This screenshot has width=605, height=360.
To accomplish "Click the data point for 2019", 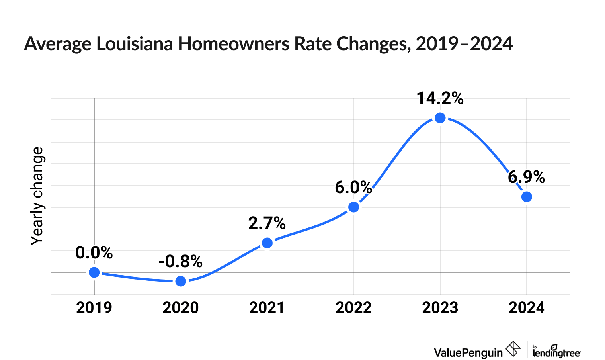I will tap(94, 272).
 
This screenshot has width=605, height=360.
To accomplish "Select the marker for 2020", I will tap(181, 281).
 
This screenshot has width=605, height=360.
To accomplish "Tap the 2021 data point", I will tap(267, 243).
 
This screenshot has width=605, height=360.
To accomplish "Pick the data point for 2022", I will tap(353, 207).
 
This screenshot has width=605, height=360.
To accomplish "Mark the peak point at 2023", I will tap(440, 118).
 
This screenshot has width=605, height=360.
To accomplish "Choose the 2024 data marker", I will tap(527, 197).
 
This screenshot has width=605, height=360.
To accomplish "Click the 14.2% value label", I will tap(440, 98).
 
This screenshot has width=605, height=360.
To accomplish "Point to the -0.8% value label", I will tap(181, 262).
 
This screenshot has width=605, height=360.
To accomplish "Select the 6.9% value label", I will tap(527, 177).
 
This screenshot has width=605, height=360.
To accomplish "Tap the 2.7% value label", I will tap(267, 223).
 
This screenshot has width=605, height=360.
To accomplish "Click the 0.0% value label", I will tap(94, 253).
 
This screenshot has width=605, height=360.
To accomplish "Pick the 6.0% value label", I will tap(353, 188).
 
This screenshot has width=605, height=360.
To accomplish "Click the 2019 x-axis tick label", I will tap(94, 308).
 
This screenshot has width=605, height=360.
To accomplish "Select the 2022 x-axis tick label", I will tap(353, 308).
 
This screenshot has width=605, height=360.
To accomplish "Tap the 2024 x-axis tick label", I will tap(527, 308).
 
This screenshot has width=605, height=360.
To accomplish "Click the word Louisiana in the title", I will tap(135, 44).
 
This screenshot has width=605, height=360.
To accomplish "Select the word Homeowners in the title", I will tap(234, 44).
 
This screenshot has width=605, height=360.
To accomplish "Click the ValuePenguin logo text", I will tap(468, 352).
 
